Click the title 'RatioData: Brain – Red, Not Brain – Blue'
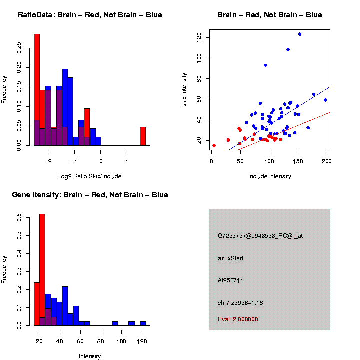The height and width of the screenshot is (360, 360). (x=90, y=15)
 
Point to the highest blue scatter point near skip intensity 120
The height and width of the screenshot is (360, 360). (x=299, y=34)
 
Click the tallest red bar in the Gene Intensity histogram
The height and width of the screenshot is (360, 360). (x=42, y=270)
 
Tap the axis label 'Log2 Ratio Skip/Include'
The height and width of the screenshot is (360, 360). (x=90, y=176)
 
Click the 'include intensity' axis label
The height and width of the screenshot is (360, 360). (x=269, y=176)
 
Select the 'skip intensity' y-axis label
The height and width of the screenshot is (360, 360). (x=184, y=89)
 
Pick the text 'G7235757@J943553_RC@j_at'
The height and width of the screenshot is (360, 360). (x=260, y=236)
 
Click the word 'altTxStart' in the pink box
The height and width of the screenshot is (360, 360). (x=231, y=258)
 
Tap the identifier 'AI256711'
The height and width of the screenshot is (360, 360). (x=230, y=280)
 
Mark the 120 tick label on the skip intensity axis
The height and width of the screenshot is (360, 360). (x=199, y=37)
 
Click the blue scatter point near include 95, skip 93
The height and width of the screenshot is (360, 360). (x=266, y=65)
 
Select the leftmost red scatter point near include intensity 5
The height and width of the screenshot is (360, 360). (x=214, y=145)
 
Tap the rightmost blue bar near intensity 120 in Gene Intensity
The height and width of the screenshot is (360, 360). (x=143, y=323)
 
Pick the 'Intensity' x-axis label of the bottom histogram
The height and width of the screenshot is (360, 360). (x=90, y=356)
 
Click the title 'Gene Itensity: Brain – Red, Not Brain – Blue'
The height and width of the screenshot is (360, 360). (x=90, y=195)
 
